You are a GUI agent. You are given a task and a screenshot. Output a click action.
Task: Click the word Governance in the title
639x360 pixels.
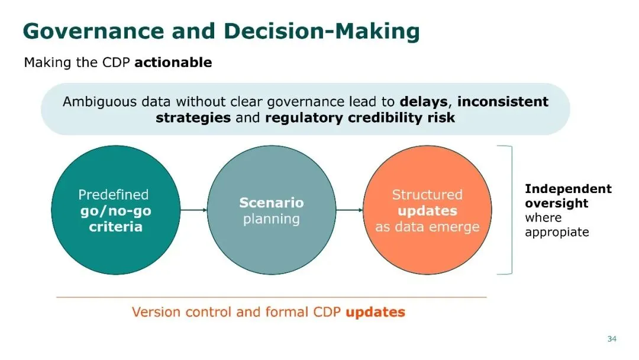click(x=93, y=31)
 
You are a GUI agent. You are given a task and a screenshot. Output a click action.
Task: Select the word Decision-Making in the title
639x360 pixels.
click(x=321, y=31)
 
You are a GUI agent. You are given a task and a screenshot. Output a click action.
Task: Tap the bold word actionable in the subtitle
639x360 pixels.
click(x=173, y=62)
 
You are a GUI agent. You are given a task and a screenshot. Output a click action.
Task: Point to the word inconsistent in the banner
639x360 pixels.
click(x=503, y=101)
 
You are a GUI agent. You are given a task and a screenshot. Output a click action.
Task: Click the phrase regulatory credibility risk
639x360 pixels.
click(x=360, y=118)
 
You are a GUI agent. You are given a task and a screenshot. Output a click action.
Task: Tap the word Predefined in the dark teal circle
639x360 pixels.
click(x=113, y=194)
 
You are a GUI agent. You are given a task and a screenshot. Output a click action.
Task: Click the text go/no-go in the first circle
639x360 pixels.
click(x=116, y=211)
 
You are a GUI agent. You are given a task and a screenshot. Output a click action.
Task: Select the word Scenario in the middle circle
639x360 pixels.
click(x=272, y=202)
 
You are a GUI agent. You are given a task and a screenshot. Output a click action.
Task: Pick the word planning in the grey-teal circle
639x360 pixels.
click(x=272, y=219)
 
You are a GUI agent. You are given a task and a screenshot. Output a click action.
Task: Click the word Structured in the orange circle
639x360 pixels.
click(x=427, y=194)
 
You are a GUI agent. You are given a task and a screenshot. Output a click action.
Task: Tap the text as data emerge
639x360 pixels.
click(x=427, y=227)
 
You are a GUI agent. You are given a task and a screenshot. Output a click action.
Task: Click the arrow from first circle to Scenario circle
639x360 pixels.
click(x=193, y=210)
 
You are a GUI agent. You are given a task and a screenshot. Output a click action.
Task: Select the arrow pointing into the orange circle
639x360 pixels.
click(x=349, y=210)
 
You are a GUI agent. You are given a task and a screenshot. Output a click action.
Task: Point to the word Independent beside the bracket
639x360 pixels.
click(x=568, y=189)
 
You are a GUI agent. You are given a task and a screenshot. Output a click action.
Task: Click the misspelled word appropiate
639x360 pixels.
click(x=557, y=232)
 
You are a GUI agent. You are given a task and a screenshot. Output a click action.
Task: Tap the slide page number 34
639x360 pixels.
click(x=612, y=339)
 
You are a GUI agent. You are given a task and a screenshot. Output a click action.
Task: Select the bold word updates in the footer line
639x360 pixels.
click(x=375, y=312)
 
